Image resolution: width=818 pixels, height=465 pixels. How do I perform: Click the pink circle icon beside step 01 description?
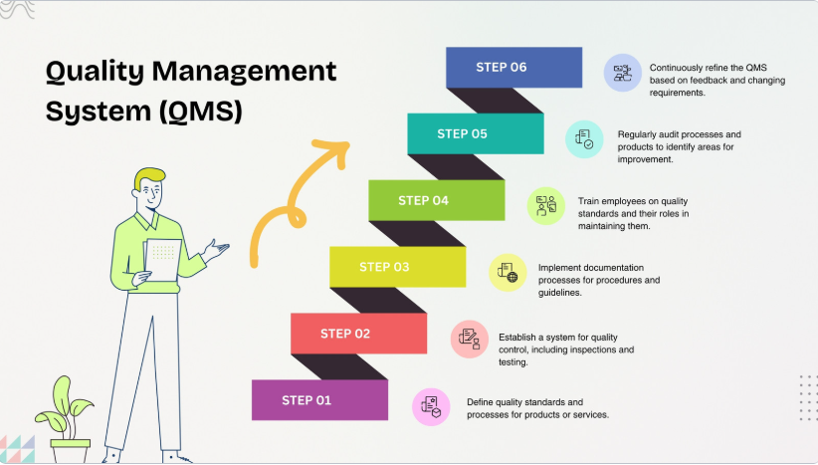[x=431, y=407]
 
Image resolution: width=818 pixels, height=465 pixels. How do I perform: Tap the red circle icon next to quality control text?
[x=469, y=339]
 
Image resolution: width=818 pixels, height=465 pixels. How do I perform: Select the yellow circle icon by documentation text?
[x=508, y=271]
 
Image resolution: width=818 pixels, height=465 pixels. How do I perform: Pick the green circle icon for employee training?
[x=546, y=205]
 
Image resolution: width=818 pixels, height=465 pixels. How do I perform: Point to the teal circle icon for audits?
[x=584, y=139]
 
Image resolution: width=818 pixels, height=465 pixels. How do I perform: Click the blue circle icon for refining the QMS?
[x=623, y=73]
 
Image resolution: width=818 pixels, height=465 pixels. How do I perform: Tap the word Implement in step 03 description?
[x=562, y=267]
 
